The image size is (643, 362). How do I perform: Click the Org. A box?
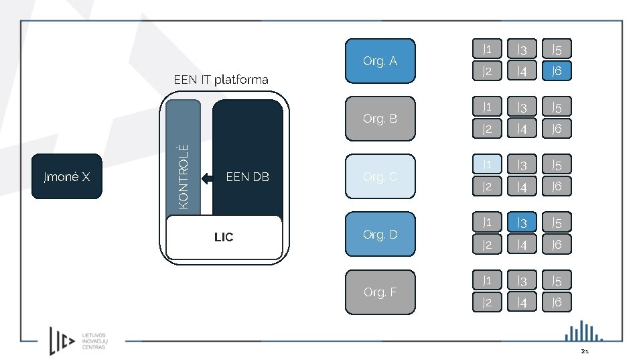pyautogui.click(x=380, y=61)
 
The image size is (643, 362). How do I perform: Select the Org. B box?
pyautogui.click(x=380, y=119)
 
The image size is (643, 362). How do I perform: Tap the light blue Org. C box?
pyautogui.click(x=380, y=177)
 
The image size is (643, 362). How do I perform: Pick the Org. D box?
pyautogui.click(x=380, y=235)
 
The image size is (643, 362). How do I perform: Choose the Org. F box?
pyautogui.click(x=380, y=292)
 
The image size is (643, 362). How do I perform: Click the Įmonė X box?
pyautogui.click(x=67, y=177)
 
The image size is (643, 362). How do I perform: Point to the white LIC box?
pyautogui.click(x=224, y=237)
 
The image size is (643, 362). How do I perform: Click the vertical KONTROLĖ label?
pyautogui.click(x=184, y=176)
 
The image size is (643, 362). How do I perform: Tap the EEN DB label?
pyautogui.click(x=248, y=177)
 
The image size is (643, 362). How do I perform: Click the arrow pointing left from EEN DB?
pyautogui.click(x=209, y=178)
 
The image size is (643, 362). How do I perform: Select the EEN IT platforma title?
pyautogui.click(x=221, y=80)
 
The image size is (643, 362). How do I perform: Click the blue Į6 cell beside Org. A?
pyautogui.click(x=557, y=70)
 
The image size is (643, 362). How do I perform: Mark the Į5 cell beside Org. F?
pyautogui.click(x=557, y=281)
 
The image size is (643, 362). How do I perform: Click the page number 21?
pyautogui.click(x=585, y=352)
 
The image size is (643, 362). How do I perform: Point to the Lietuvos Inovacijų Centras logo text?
pyautogui.click(x=93, y=341)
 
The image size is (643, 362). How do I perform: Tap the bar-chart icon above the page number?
pyautogui.click(x=583, y=331)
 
